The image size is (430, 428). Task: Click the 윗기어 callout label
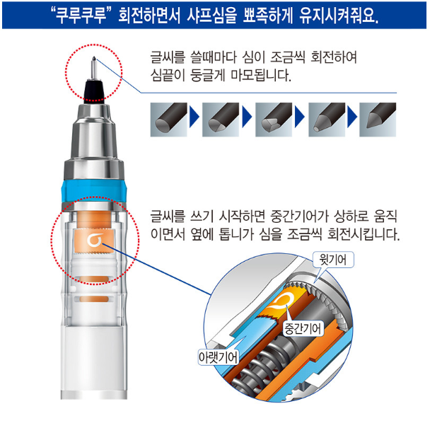(x=333, y=260)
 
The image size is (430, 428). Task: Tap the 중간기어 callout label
(x=303, y=328)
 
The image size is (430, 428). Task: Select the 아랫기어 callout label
(x=218, y=357)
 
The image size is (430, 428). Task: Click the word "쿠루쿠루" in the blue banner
(x=81, y=16)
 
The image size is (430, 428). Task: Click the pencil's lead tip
(x=94, y=58)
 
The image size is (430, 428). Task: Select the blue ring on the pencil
(x=94, y=191)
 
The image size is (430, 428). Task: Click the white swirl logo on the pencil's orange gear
(x=95, y=240)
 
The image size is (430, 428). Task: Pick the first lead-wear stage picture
(x=168, y=120)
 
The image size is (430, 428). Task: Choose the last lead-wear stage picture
(x=378, y=120)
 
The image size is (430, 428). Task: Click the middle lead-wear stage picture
(x=274, y=120)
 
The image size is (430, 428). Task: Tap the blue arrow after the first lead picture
(x=194, y=117)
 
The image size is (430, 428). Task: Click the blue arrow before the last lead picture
(x=352, y=117)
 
